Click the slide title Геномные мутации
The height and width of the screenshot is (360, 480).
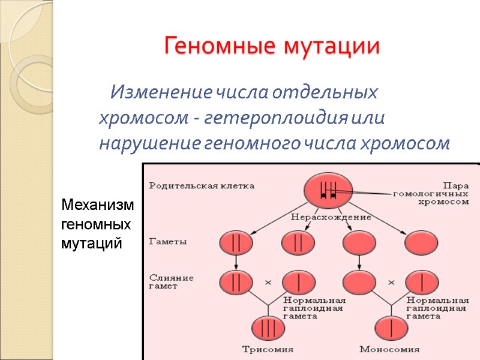click(272, 46)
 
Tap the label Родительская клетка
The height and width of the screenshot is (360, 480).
click(202, 186)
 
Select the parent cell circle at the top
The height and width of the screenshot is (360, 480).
click(327, 191)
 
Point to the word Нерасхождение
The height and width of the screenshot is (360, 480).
click(331, 217)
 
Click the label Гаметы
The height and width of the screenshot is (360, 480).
click(167, 242)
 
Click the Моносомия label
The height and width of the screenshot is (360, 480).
click(390, 349)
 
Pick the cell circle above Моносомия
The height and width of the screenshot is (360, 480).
click(391, 328)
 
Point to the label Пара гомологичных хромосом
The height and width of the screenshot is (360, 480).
click(431, 194)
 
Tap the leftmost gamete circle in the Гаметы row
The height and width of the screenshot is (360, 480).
click(236, 243)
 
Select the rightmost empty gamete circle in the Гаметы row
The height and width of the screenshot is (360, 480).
click(421, 243)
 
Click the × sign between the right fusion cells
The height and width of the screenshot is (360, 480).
click(391, 281)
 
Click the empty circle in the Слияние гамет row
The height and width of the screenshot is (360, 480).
click(359, 281)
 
